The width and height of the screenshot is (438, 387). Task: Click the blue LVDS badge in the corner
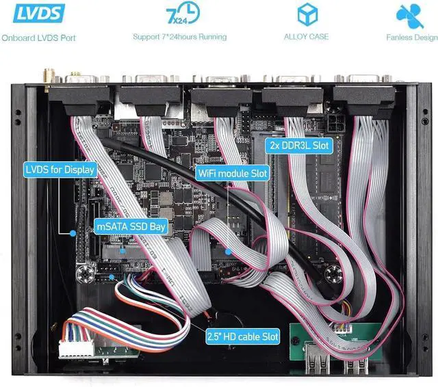[34, 13]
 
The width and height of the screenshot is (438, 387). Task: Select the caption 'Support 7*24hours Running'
[179, 37]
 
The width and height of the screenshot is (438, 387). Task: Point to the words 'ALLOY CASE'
[306, 37]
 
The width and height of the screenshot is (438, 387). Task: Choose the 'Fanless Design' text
[411, 38]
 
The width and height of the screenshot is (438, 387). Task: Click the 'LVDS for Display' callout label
[60, 169]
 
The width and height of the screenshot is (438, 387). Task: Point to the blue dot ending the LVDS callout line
[72, 233]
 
